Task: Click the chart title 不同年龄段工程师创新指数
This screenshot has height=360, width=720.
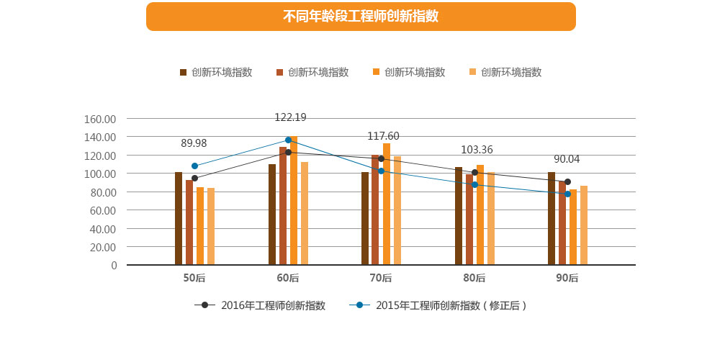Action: click(361, 17)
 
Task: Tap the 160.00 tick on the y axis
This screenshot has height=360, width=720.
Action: click(100, 119)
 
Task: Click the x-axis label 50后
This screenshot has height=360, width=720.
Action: click(194, 278)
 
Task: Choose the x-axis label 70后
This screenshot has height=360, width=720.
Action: click(381, 278)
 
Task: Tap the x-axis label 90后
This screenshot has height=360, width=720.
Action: click(567, 278)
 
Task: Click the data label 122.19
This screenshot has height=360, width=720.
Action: click(290, 117)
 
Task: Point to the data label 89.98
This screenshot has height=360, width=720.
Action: click(194, 143)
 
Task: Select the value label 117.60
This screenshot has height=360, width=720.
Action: click(383, 136)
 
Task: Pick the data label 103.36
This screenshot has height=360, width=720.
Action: click(477, 150)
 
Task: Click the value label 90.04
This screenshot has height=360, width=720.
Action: click(567, 159)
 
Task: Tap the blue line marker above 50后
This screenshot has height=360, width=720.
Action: click(194, 166)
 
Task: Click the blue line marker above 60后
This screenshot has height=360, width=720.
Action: click(288, 140)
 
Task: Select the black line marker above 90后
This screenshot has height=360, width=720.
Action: click(567, 182)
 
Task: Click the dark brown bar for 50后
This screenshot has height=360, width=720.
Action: click(179, 219)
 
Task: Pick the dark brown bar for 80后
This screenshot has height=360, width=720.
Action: click(459, 216)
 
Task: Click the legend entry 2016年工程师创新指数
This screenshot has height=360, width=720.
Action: click(261, 305)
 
